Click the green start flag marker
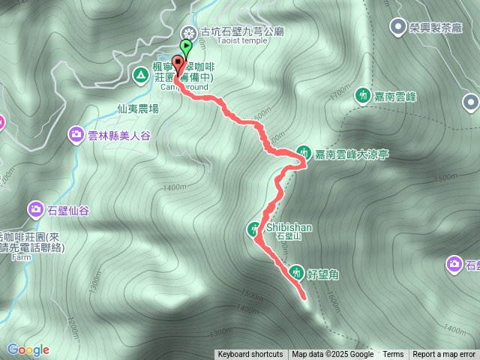[185, 46]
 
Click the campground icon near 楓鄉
[140, 74]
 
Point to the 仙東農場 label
[138, 109]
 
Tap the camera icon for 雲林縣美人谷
[76, 135]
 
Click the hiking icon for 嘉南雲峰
[363, 95]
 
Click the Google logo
[28, 349]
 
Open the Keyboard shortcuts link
[250, 355]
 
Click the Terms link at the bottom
[393, 355]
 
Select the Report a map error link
[445, 355]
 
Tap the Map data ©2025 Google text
[332, 355]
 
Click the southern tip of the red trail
[305, 298]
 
